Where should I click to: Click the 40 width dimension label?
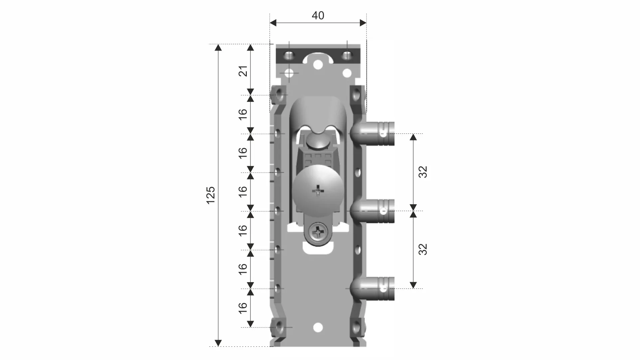pyautogui.click(x=318, y=16)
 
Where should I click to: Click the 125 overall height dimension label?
pyautogui.click(x=211, y=195)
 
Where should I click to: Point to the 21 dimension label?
pyautogui.click(x=243, y=71)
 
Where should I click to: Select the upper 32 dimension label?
pyautogui.click(x=422, y=172)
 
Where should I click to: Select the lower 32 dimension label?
pyautogui.click(x=422, y=249)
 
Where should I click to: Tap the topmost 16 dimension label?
pyautogui.click(x=243, y=114)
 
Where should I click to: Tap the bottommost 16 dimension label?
pyautogui.click(x=243, y=308)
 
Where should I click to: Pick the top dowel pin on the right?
pyautogui.click(x=372, y=134)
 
